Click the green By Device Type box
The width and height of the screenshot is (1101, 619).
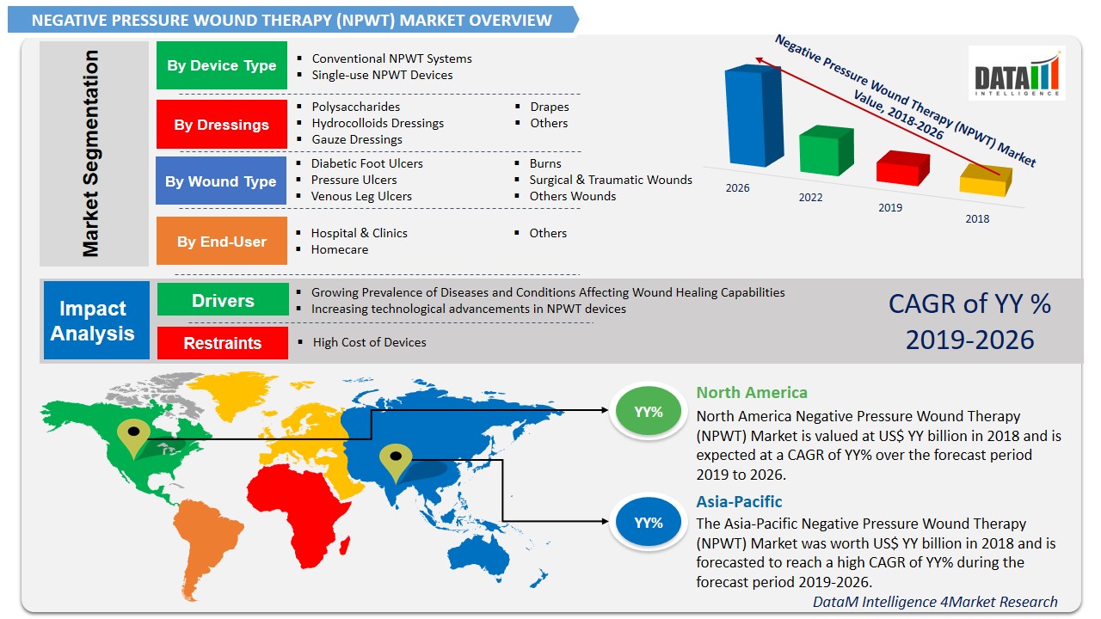(x=221, y=65)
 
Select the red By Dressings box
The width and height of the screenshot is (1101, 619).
(x=221, y=125)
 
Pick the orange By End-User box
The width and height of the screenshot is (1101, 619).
(x=221, y=242)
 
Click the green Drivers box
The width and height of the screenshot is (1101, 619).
(x=223, y=301)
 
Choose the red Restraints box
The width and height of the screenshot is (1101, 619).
(x=222, y=343)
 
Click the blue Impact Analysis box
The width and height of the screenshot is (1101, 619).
(x=95, y=320)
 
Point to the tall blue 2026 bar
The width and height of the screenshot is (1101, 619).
(x=753, y=116)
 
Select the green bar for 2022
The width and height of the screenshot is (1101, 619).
(x=826, y=152)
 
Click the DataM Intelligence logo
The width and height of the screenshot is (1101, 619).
(x=1016, y=75)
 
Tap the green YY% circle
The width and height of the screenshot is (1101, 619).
(x=649, y=412)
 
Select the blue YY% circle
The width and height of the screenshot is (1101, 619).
(x=649, y=522)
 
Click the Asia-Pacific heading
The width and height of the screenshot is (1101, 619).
(x=739, y=501)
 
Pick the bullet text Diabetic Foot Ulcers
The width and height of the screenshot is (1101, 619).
(x=367, y=163)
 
